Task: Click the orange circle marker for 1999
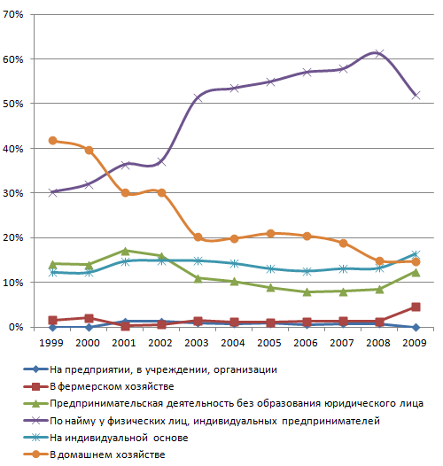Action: pos(52,141)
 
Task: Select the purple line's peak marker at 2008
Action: pos(379,54)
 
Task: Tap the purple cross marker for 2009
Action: pos(416,96)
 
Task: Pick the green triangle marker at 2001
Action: pos(125,251)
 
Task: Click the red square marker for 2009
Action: pos(416,307)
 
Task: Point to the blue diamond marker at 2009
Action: pos(416,327)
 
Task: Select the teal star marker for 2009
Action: pos(416,254)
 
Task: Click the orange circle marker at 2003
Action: pos(198,237)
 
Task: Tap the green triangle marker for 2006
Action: pos(307,292)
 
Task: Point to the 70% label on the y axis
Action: pos(13,14)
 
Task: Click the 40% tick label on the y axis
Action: pos(13,149)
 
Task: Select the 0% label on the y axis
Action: pos(16,327)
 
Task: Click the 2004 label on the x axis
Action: pos(233,343)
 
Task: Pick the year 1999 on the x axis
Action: pos(51,343)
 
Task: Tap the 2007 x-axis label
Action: pos(342,343)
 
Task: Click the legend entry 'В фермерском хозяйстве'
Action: pos(112,386)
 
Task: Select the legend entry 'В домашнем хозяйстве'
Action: pos(107,454)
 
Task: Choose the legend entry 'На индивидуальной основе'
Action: pos(119,438)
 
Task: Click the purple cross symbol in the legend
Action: pos(35,421)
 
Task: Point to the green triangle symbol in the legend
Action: pos(35,403)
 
